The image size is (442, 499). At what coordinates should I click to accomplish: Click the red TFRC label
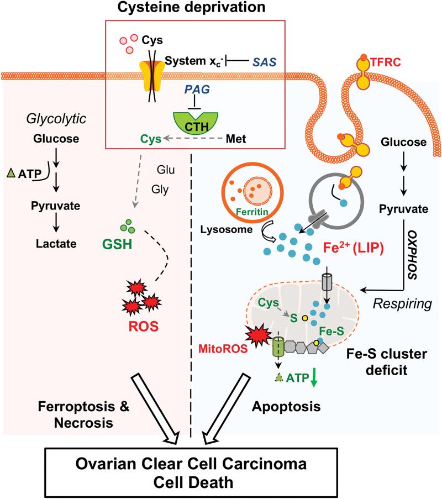[392, 64]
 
